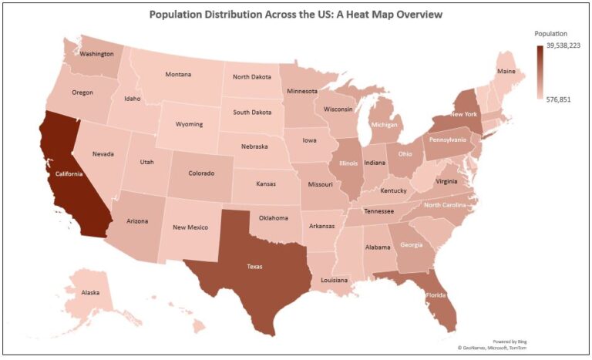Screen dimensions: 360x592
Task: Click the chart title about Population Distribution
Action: coord(296,15)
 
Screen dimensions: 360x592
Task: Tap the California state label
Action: coord(69,173)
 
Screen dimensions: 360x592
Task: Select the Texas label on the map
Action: coord(254,267)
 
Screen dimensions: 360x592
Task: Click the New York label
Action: coord(464,113)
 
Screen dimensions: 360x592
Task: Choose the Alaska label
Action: coord(91,293)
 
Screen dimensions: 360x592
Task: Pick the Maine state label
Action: coord(506,72)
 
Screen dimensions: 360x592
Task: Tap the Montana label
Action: coord(178,75)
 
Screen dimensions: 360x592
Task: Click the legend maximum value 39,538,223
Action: coord(563,46)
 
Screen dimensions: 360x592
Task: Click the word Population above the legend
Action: coord(551,34)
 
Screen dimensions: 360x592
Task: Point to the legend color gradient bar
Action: coord(539,73)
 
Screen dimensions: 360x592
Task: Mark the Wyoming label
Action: coord(189,124)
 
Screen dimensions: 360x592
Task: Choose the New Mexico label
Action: coord(190,227)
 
